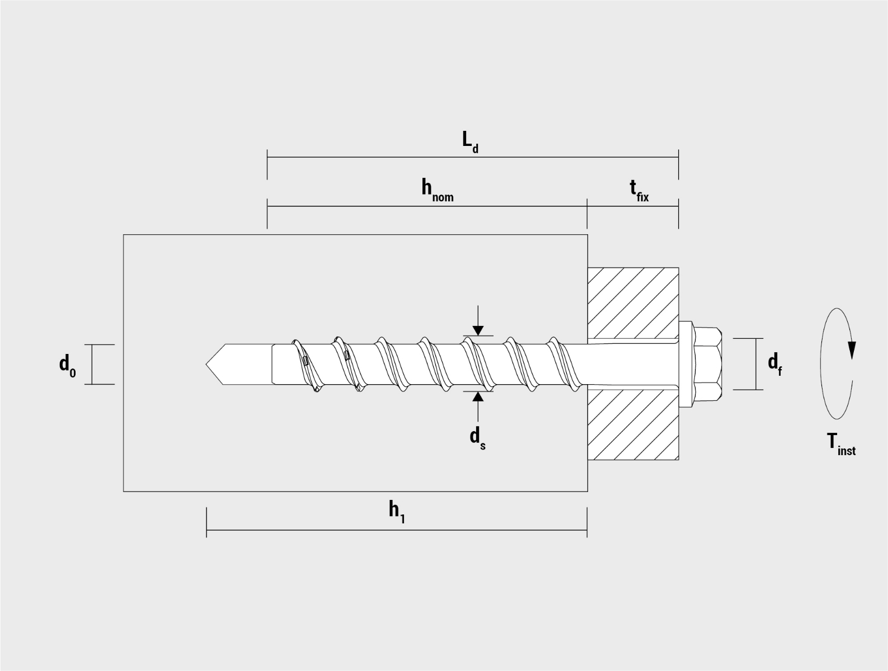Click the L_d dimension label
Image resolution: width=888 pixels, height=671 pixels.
pos(470,141)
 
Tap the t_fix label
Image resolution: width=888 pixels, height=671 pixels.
pos(639,190)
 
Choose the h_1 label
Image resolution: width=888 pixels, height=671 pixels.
pos(397,511)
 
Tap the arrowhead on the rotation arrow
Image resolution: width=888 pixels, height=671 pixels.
pos(851,349)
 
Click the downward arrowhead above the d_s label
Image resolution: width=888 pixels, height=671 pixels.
pos(477,330)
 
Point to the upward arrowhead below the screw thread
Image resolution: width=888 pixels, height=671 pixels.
pos(477,397)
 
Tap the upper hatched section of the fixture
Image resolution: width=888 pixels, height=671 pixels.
pos(633,303)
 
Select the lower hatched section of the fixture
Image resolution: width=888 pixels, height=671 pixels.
pos(633,424)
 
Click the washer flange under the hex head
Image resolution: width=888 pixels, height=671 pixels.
pos(686,364)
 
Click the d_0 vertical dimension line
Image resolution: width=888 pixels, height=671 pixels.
pos(92,365)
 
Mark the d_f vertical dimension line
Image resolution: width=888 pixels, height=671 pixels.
pos(755,364)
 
